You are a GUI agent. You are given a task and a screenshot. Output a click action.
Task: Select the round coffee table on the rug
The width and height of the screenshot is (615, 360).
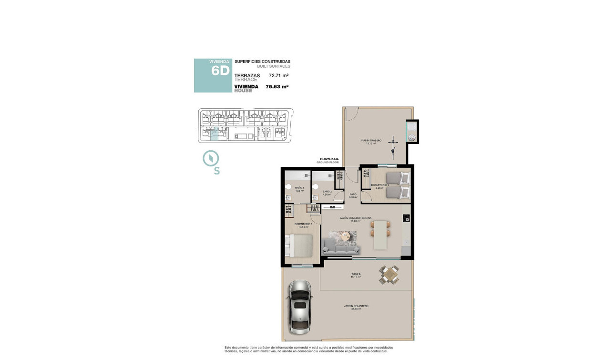pyautogui.click(x=346, y=235)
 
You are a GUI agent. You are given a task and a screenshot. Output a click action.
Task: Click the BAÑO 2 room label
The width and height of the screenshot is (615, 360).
pyautogui.click(x=327, y=193)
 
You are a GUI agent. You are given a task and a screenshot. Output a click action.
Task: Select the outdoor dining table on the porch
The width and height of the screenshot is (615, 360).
pyautogui.click(x=389, y=275)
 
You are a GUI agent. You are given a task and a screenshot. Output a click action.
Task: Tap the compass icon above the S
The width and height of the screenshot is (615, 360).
pyautogui.click(x=210, y=158)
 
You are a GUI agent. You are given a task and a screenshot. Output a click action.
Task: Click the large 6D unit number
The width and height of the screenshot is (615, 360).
pyautogui.click(x=220, y=71)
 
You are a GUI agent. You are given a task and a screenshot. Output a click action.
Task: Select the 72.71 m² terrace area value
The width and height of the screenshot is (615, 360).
pyautogui.click(x=279, y=75)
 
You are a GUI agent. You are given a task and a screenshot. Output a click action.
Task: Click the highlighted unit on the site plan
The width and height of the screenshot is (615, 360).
pyautogui.click(x=214, y=134)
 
